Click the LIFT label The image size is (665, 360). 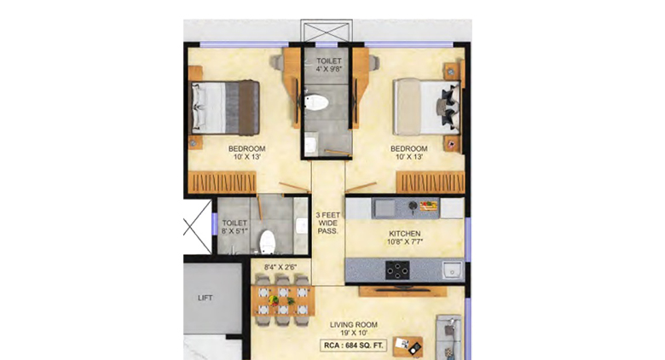point(205,298)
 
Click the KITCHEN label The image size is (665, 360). point(404,233)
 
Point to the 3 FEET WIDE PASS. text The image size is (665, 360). point(327,223)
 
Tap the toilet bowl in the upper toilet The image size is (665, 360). point(316,104)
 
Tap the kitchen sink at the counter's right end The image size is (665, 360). point(452,270)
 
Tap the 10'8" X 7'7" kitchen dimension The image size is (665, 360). point(404,243)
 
